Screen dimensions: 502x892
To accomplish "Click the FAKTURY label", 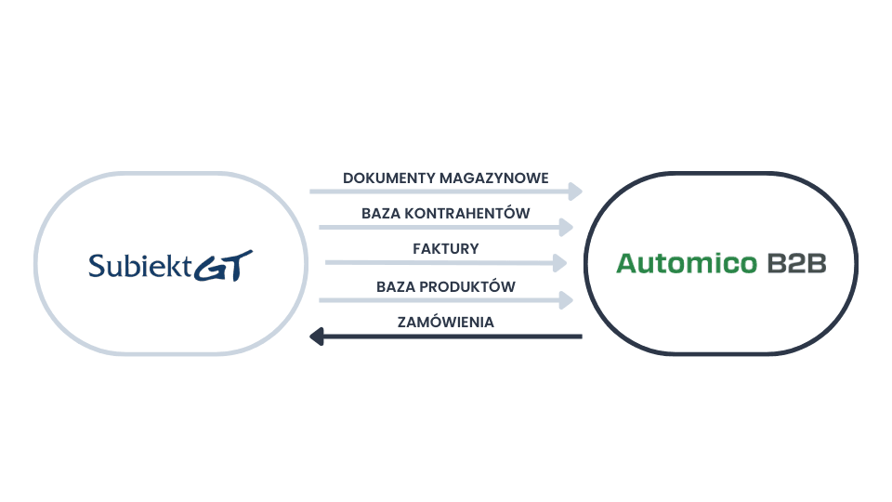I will [x=446, y=249].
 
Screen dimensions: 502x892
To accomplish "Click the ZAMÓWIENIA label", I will [x=446, y=322].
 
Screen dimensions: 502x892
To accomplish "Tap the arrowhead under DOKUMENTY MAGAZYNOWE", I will [x=576, y=192].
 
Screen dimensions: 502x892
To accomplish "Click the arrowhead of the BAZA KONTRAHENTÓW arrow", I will [x=567, y=227].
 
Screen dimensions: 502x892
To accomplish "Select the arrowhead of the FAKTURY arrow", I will [x=559, y=263].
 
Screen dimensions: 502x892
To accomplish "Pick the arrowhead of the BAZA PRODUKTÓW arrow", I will [x=566, y=299].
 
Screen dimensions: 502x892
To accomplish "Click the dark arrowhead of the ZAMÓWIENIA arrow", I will [x=316, y=337].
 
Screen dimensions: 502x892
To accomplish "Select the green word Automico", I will [x=688, y=264].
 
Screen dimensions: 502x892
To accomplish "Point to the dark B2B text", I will [x=797, y=264].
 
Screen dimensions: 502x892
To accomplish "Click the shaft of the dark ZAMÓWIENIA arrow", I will [x=455, y=337].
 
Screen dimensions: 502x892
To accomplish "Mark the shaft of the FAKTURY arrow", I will [x=437, y=263].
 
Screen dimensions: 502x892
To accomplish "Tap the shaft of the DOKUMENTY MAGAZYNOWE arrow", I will [x=437, y=192].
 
